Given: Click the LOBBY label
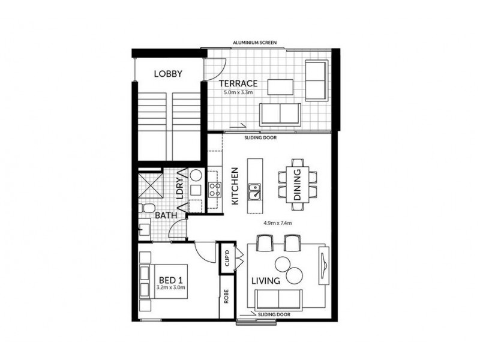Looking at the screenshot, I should (x=168, y=74).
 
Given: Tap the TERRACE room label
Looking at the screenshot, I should (x=238, y=83).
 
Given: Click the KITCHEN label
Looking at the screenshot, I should (x=235, y=186).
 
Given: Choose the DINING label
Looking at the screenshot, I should (x=298, y=187).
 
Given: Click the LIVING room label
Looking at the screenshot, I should (x=268, y=280).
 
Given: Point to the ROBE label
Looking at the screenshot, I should (x=226, y=297).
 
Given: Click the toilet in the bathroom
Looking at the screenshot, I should (x=144, y=208).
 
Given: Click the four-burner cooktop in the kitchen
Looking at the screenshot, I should (x=214, y=191).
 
